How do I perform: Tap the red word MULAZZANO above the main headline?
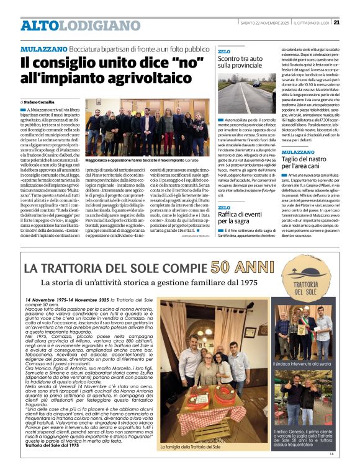coord(42,48)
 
